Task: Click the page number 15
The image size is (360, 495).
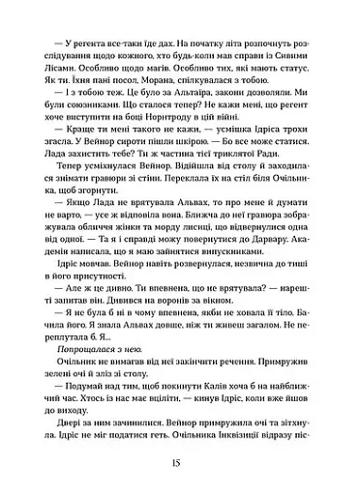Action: (179, 462)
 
